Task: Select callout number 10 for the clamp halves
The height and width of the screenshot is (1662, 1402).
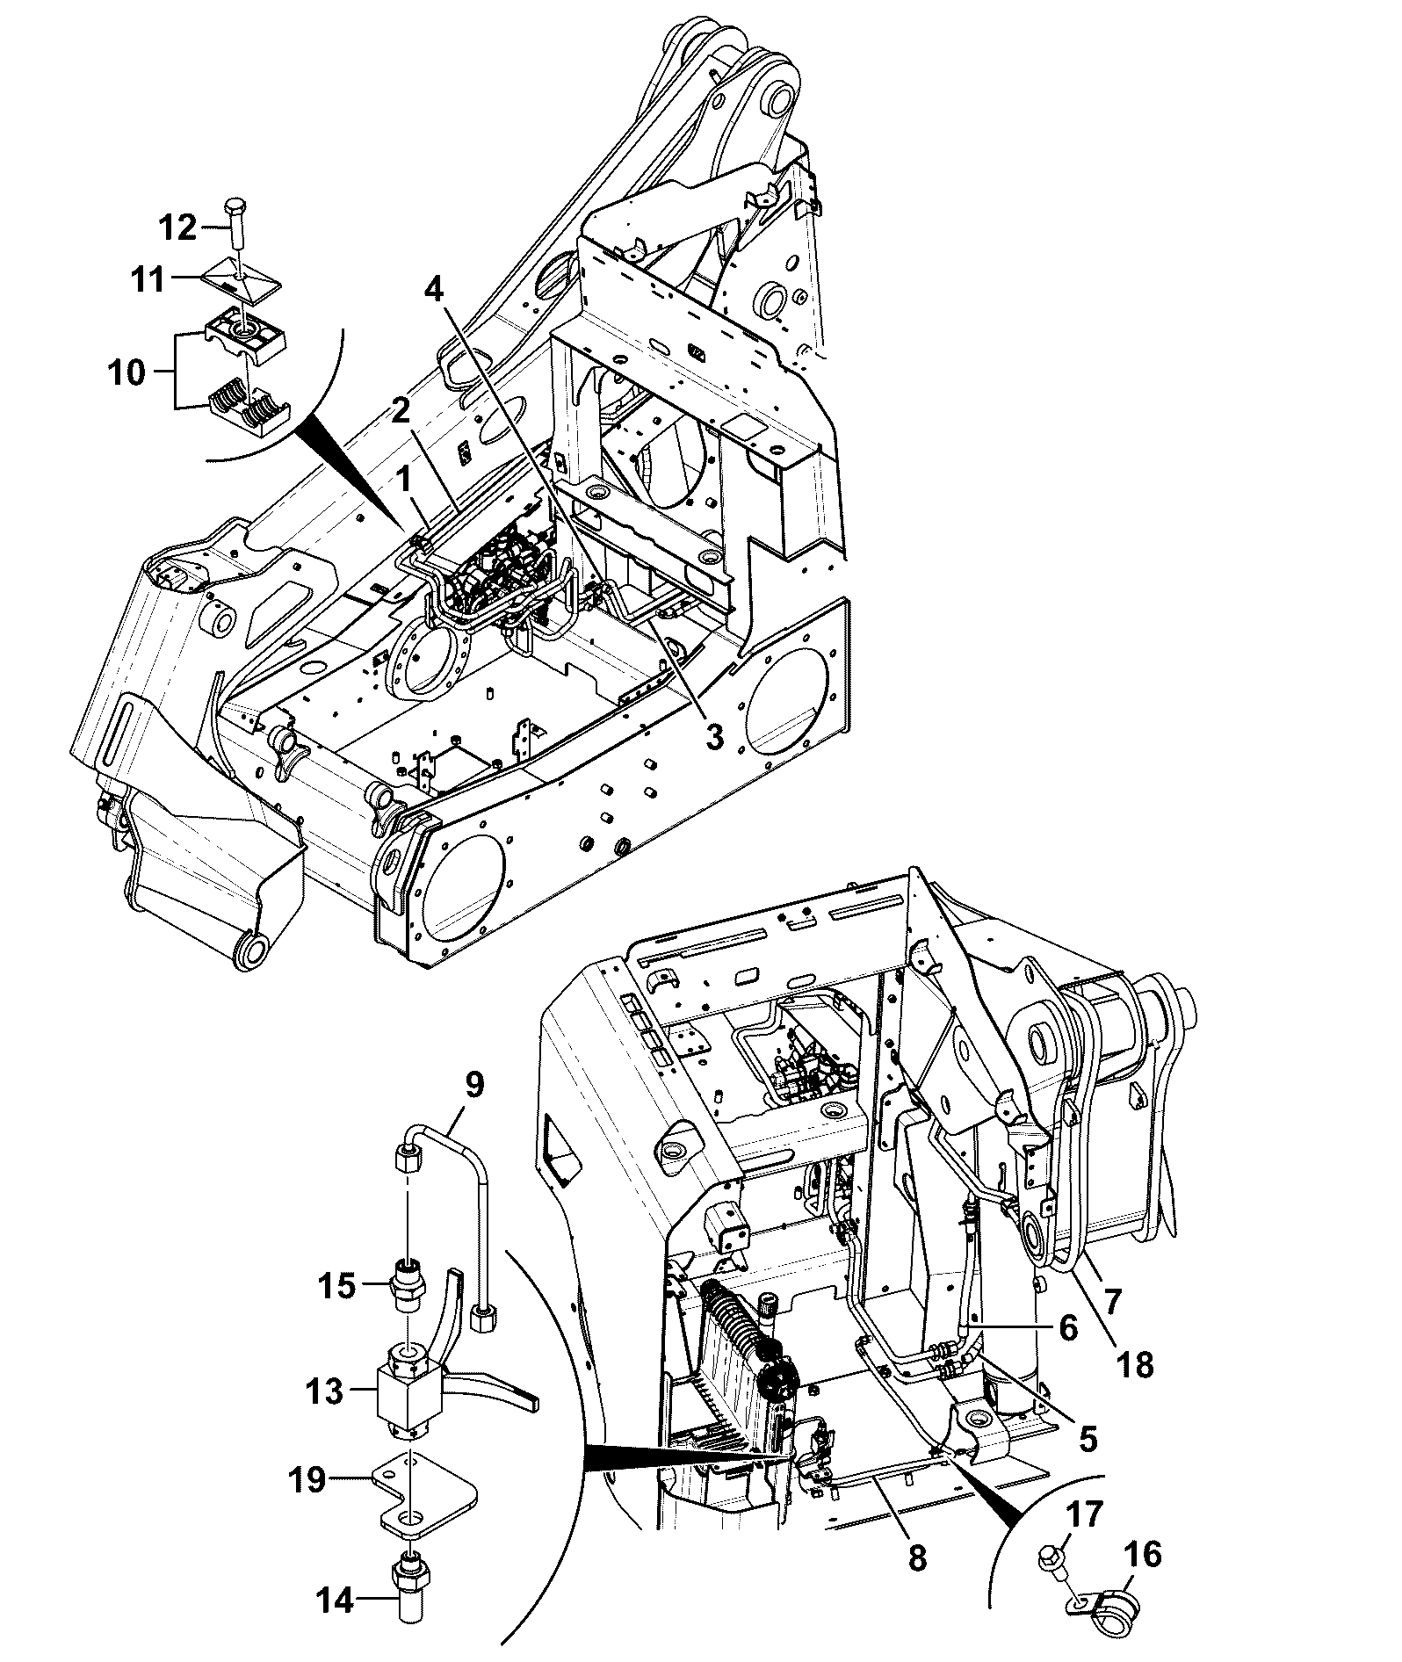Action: (126, 372)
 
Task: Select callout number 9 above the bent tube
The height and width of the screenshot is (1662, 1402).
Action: (473, 1086)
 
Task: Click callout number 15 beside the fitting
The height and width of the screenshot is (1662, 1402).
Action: (336, 1288)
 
